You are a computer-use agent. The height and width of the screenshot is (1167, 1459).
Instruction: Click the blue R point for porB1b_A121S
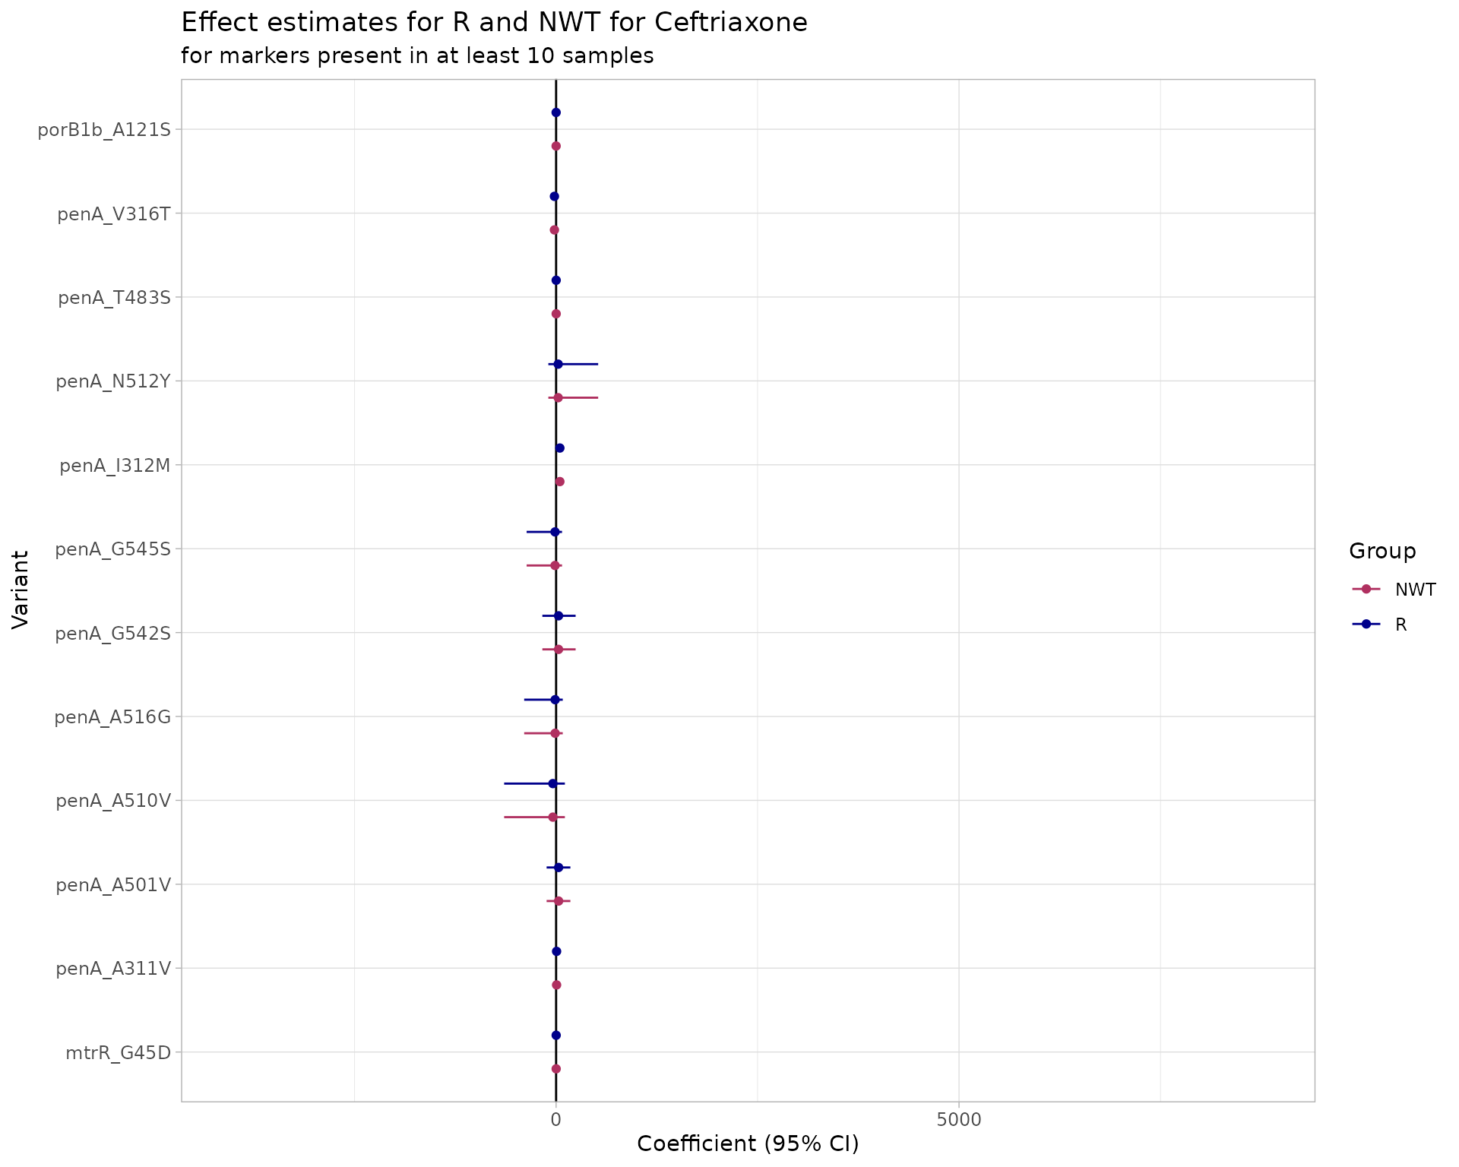click(x=555, y=112)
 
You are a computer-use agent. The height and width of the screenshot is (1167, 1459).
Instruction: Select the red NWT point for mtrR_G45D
click(x=555, y=1068)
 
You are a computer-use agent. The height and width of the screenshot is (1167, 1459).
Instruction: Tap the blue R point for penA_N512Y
click(x=558, y=364)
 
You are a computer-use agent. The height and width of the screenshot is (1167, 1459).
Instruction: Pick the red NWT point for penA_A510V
click(x=552, y=817)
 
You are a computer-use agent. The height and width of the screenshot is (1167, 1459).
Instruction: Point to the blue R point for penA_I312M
click(x=560, y=448)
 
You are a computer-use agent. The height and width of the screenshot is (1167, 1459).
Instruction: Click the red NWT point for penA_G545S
click(x=555, y=565)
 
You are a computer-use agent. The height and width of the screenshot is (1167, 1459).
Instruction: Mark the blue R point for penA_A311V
click(x=556, y=951)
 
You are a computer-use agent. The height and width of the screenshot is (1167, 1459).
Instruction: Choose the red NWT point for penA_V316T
click(x=554, y=229)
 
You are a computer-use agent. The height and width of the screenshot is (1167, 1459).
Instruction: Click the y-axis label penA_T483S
click(x=114, y=297)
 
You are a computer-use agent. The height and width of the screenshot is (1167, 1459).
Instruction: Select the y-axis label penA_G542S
click(x=112, y=632)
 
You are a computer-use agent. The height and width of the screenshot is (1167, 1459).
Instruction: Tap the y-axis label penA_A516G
click(x=112, y=716)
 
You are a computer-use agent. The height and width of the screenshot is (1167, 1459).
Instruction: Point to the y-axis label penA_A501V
click(x=113, y=884)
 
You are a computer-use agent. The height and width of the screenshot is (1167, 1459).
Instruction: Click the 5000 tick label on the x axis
click(x=959, y=1119)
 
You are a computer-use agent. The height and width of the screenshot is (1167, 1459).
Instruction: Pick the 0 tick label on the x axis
click(x=555, y=1119)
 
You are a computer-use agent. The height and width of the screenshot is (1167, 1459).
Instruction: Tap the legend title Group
click(x=1381, y=551)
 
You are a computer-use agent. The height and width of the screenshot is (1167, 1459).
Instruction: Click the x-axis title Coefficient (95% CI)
click(x=747, y=1144)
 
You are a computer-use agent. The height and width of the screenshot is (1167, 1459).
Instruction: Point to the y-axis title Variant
click(x=21, y=590)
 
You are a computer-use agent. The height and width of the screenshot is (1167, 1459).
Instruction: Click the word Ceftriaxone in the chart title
click(x=730, y=23)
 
